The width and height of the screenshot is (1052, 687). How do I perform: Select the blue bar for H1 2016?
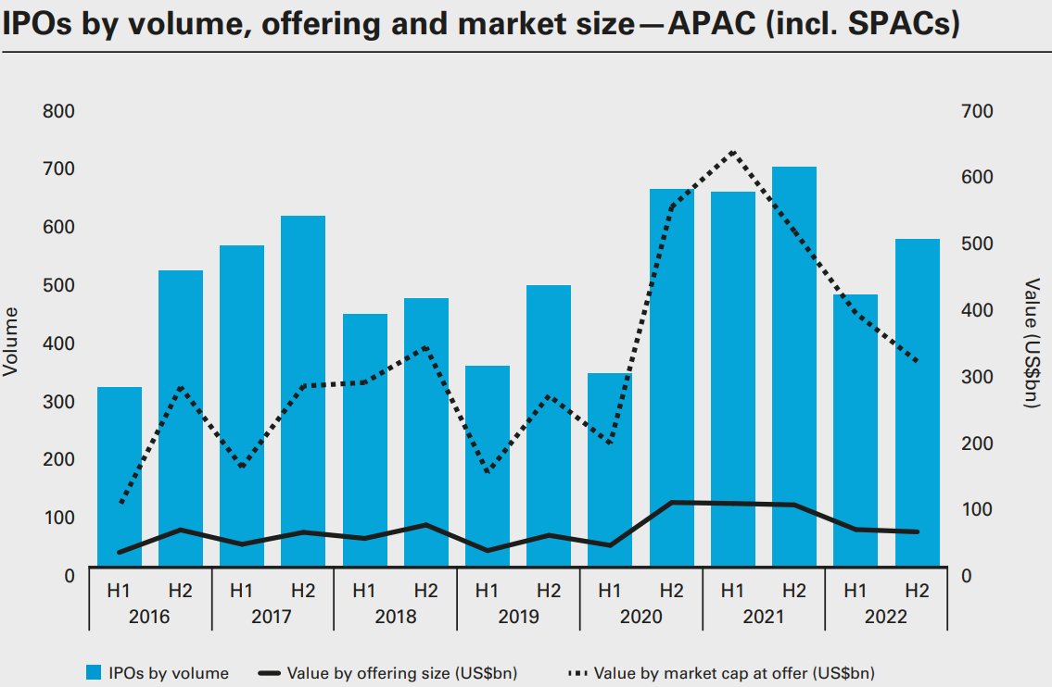coord(120,476)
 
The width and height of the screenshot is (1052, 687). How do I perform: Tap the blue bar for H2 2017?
coord(303,390)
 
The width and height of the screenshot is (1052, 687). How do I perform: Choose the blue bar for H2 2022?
coord(917,402)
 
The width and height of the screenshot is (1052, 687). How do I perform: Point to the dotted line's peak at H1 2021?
coord(733,151)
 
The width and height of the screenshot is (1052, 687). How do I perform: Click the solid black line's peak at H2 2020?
coord(672,503)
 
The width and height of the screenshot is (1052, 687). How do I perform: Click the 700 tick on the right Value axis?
coord(977,112)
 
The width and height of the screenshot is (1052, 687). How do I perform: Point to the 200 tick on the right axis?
coord(977,443)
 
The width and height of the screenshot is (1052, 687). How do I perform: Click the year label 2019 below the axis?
coord(518,617)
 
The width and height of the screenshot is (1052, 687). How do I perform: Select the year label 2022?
coord(886,617)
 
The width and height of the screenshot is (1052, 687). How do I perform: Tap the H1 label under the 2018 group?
coord(364,590)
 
